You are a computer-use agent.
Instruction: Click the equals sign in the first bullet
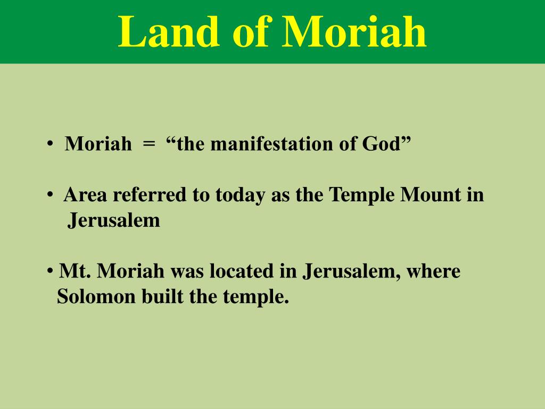click(149, 144)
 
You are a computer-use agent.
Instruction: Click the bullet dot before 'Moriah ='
click(49, 144)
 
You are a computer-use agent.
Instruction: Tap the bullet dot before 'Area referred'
click(49, 195)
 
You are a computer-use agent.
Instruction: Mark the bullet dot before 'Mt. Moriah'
click(49, 272)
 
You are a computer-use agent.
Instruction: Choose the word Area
click(86, 195)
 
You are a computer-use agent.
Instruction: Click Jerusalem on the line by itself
click(113, 220)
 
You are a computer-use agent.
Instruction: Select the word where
click(434, 272)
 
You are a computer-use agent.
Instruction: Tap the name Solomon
click(96, 297)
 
